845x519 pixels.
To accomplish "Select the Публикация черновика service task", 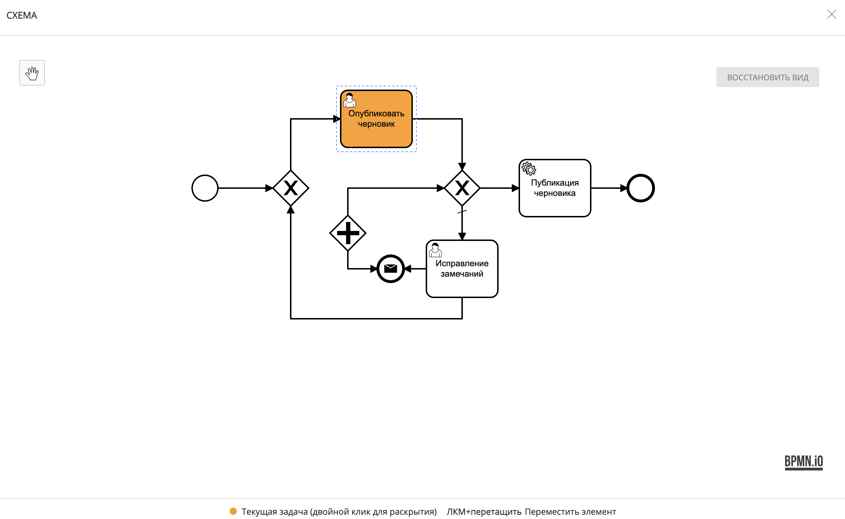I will (555, 188).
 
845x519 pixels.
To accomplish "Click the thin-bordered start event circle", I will (205, 188).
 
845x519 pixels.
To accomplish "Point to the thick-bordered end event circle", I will (641, 188).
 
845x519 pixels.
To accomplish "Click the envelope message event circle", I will (390, 268).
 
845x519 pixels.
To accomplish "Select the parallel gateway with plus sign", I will (347, 233).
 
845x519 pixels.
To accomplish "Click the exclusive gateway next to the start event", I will (291, 188).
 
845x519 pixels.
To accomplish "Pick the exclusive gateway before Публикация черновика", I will (462, 188).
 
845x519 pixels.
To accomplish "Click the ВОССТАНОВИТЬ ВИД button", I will (767, 77).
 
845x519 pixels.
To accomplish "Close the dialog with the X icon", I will (831, 14).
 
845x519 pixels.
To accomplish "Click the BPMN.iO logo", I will (804, 462).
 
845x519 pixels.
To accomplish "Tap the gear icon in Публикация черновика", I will (529, 168).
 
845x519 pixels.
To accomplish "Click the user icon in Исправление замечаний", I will (435, 250).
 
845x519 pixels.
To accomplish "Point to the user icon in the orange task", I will (349, 100).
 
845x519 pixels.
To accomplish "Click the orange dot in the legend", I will (233, 511).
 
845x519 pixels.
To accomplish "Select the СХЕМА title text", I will (22, 15).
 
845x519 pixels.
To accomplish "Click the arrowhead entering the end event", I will (624, 188).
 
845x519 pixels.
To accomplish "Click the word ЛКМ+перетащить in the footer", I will (484, 512).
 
